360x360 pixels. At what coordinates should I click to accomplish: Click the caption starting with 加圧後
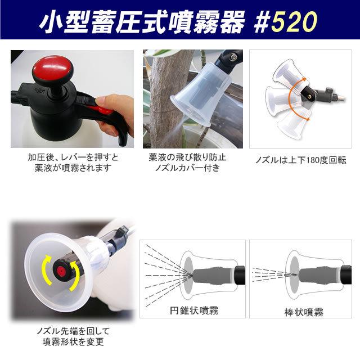[x=70, y=163]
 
